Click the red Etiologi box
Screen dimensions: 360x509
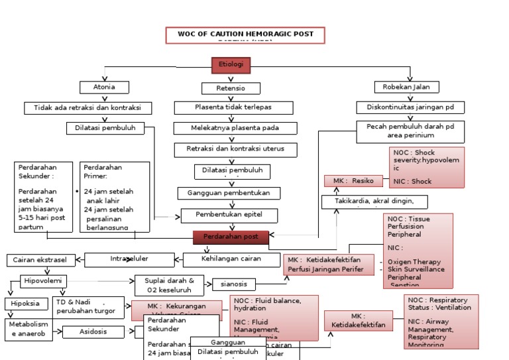tap(231, 65)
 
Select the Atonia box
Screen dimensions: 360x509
tap(104, 88)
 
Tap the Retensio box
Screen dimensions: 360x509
tap(231, 88)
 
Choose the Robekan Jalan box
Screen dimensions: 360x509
tap(411, 87)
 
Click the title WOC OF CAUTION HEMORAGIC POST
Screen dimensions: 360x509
tap(245, 35)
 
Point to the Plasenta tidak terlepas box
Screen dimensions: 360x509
tap(233, 107)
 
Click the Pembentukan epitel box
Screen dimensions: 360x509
tap(229, 215)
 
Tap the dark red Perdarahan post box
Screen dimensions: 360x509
tap(231, 237)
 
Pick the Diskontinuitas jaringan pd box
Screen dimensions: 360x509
tap(410, 107)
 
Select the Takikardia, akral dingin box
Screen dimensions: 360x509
tap(374, 202)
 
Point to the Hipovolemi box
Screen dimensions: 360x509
tap(44, 281)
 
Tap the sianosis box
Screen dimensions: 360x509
tap(233, 284)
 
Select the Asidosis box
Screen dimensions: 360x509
tap(93, 331)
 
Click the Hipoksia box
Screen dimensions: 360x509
tap(26, 304)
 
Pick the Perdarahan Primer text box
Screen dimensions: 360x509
tap(115, 196)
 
